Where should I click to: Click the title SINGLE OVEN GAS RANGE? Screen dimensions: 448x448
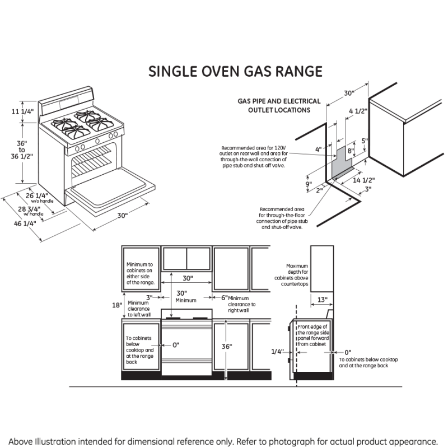235,72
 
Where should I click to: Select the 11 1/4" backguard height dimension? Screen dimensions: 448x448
23,111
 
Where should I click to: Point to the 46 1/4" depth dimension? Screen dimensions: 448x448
25,223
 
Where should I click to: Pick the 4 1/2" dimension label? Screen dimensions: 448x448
358,111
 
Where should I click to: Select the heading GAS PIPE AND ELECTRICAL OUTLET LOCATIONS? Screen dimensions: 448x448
279,106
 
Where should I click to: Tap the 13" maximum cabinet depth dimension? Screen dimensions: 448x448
322,300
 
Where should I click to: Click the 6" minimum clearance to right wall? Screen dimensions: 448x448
224,298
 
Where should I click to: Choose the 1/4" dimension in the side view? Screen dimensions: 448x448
277,351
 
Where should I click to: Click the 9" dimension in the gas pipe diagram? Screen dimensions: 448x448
309,184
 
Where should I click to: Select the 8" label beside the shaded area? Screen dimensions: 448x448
350,151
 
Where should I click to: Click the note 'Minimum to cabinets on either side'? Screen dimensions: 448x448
139,273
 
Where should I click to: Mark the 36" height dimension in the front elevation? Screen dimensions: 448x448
226,347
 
